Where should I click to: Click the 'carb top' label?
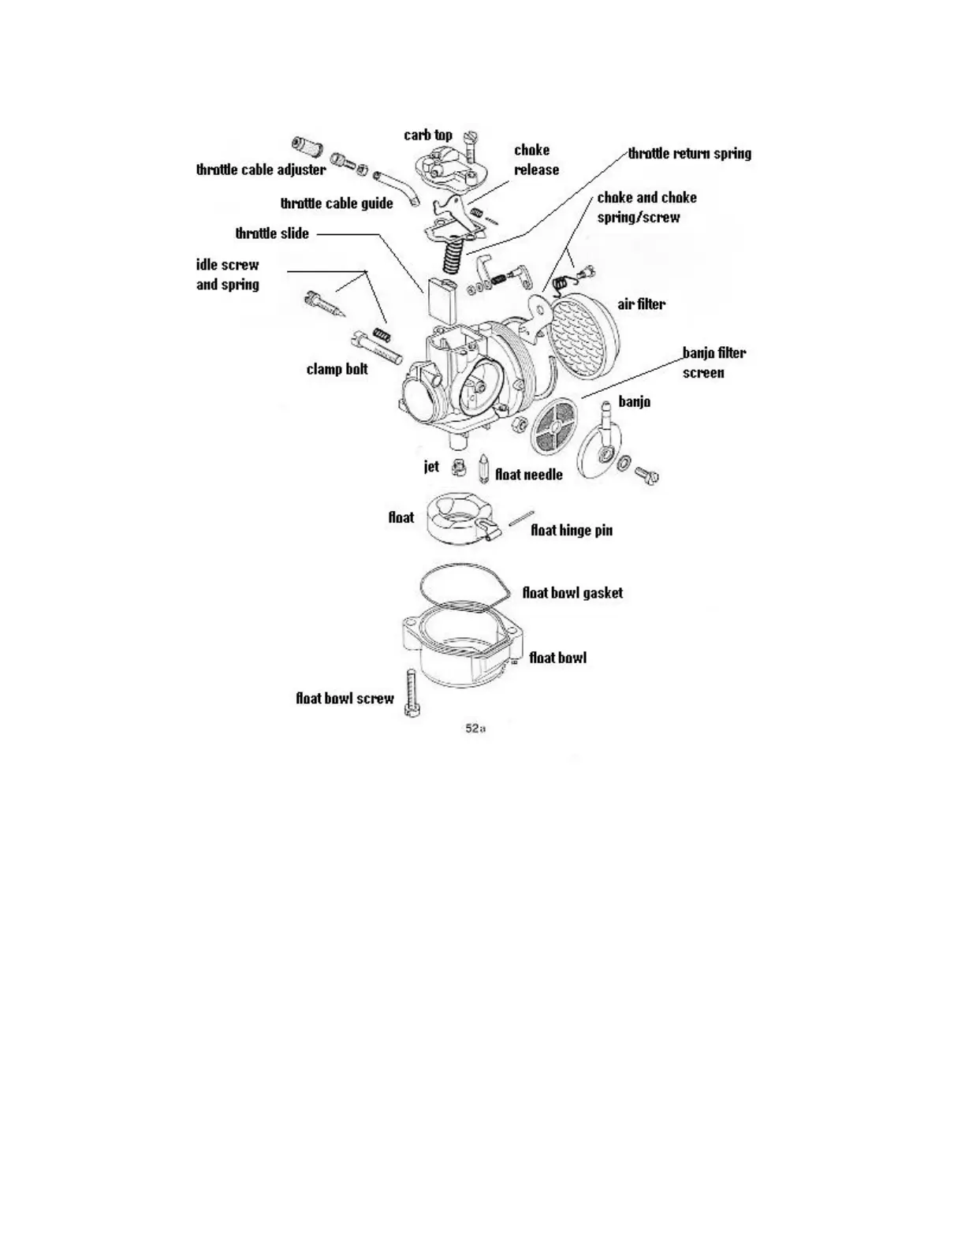click(x=428, y=135)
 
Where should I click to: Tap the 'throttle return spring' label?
click(x=689, y=153)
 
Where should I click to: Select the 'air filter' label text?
click(x=641, y=304)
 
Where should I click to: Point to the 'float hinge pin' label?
click(x=571, y=530)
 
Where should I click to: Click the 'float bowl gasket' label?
click(x=572, y=592)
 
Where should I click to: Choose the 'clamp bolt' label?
click(x=337, y=368)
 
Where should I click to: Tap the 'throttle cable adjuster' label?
click(x=261, y=170)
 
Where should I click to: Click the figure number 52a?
click(x=475, y=729)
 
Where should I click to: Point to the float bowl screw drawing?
click(x=411, y=692)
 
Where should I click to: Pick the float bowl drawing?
click(x=461, y=647)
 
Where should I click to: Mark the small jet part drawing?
click(x=457, y=468)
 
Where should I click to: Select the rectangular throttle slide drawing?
click(x=441, y=299)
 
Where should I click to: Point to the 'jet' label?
click(x=431, y=466)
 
